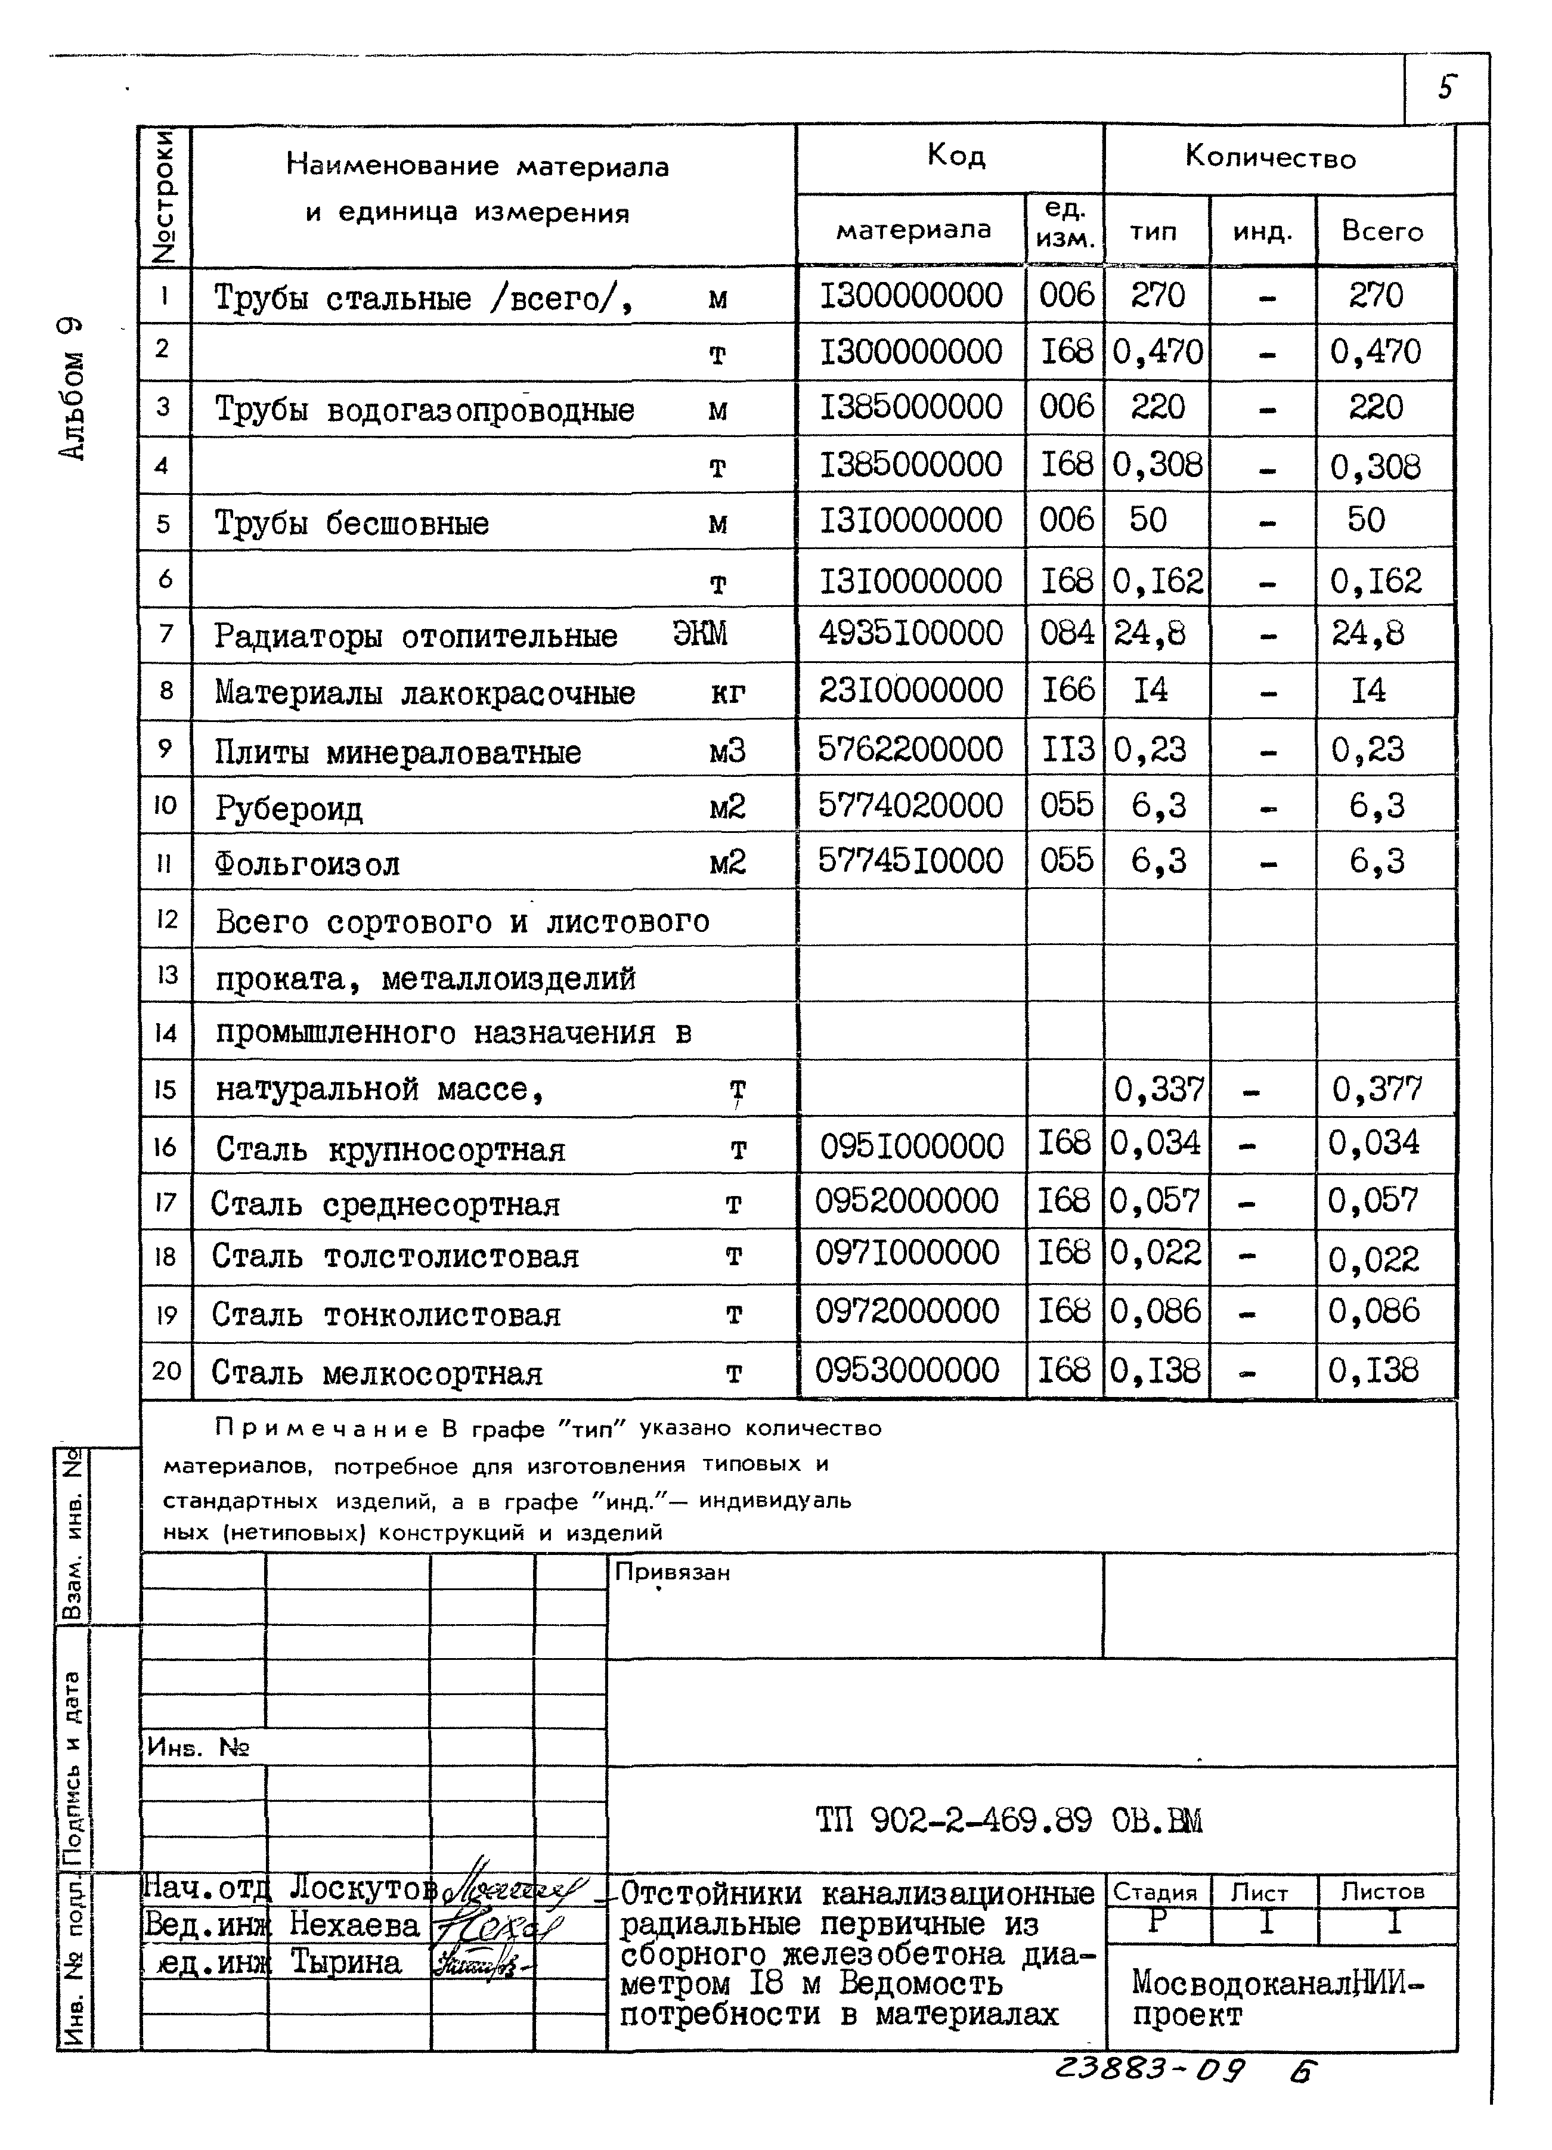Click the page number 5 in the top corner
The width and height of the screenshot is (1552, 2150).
tap(1445, 88)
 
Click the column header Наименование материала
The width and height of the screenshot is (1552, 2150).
tap(477, 168)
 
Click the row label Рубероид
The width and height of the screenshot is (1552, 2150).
tap(288, 808)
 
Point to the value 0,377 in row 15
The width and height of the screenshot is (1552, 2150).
tap(1377, 1090)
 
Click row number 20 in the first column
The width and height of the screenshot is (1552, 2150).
tap(166, 1371)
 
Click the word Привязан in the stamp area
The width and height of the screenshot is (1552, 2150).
tap(672, 1573)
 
